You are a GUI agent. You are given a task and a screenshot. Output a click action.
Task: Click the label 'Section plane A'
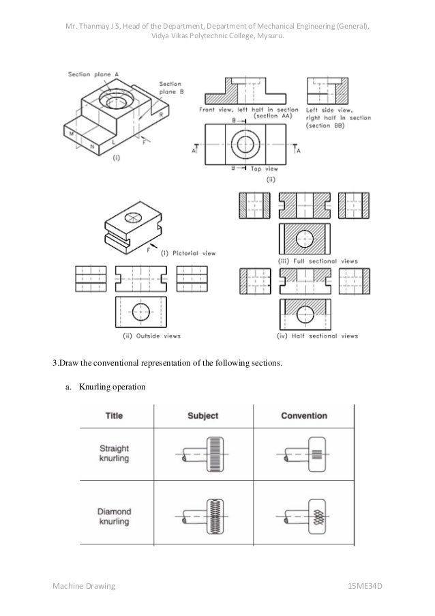[x=94, y=74]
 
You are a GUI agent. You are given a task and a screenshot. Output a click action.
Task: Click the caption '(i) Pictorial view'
[x=187, y=253]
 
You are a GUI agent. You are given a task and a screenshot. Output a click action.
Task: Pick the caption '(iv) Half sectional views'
[x=318, y=336]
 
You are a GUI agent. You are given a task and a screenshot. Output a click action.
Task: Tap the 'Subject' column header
[x=202, y=415]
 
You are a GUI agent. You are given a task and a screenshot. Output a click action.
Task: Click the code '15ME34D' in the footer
[x=365, y=586]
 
